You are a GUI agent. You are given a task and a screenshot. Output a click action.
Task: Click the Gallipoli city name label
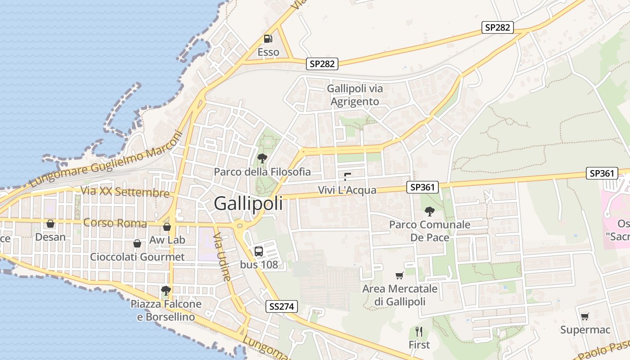tap(248, 203)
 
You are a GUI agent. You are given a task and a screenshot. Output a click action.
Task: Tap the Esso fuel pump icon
tap(268, 39)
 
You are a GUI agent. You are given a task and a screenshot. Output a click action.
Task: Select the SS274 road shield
tap(282, 307)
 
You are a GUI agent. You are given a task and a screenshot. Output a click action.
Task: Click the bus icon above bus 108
tap(259, 252)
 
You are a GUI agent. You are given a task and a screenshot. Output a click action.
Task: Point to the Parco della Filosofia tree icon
tap(262, 158)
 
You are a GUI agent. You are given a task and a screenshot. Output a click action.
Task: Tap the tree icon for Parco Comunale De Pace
tap(430, 211)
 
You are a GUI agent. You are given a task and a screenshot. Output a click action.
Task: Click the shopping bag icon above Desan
tap(50, 224)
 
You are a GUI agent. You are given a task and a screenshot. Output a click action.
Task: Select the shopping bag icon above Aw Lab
tap(167, 227)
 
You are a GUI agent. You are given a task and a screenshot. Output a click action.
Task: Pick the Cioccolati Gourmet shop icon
tap(137, 243)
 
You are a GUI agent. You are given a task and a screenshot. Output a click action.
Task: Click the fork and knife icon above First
tap(419, 332)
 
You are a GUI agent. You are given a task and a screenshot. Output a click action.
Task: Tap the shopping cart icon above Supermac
tap(585, 317)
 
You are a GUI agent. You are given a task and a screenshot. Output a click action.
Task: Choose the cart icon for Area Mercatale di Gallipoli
tap(399, 275)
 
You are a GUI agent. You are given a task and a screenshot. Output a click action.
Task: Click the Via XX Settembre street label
tap(125, 192)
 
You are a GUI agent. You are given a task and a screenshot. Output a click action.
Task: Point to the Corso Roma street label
tap(115, 223)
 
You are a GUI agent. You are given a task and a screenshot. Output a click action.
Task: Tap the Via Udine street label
tap(222, 257)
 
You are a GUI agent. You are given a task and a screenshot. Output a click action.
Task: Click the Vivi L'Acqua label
tap(347, 190)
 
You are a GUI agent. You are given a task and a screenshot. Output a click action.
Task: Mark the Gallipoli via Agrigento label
tap(355, 95)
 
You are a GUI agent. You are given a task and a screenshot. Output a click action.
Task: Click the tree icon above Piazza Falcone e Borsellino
tap(166, 291)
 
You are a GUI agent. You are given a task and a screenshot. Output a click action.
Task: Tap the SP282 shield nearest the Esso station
tap(322, 64)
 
